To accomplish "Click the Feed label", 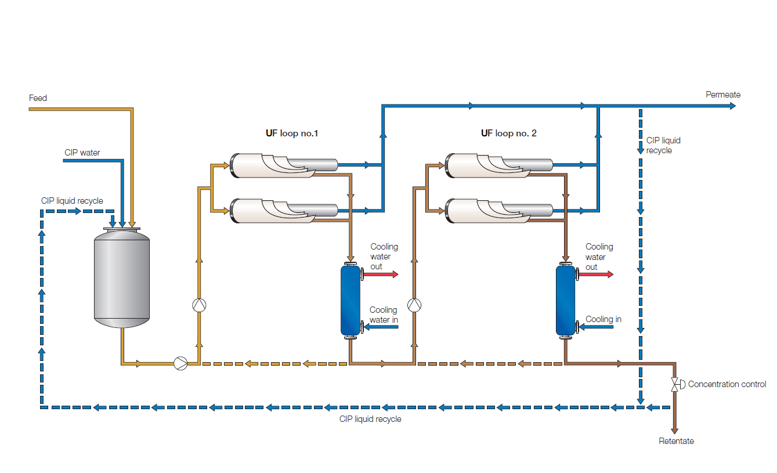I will click(38, 98).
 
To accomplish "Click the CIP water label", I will click(82, 153).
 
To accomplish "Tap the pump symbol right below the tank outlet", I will click(180, 364).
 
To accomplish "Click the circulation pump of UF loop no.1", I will click(199, 305).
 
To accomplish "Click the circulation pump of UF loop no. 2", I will click(414, 305).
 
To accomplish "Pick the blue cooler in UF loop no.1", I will click(350, 300).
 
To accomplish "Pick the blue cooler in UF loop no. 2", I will click(565, 300).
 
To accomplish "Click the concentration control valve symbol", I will click(675, 384).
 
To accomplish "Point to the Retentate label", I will click(676, 441).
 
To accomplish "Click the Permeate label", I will click(723, 95).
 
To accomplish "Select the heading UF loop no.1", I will click(292, 133).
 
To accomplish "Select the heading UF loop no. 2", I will click(508, 133).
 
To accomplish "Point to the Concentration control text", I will click(727, 384).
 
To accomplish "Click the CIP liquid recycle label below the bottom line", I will click(370, 419).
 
